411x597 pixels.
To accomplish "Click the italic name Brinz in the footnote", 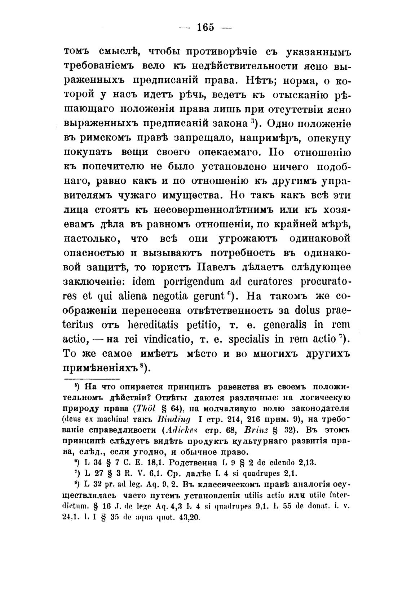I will tap(257, 431).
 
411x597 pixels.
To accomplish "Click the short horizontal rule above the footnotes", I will tap(91, 379).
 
